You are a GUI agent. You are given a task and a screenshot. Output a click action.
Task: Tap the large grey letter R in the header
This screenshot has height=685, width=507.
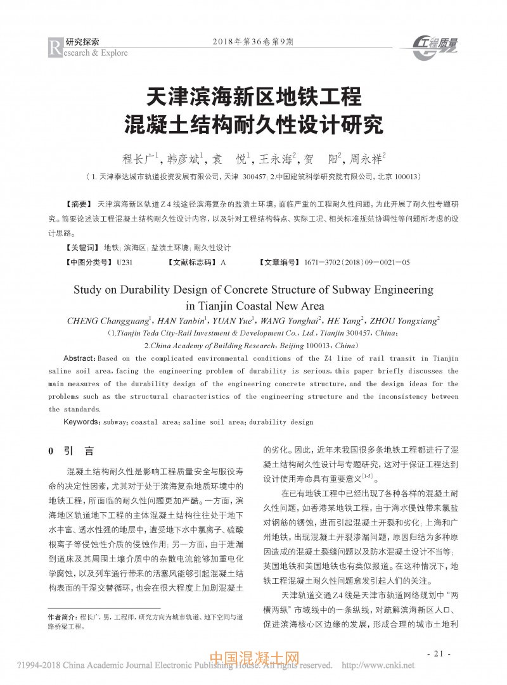point(55,46)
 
